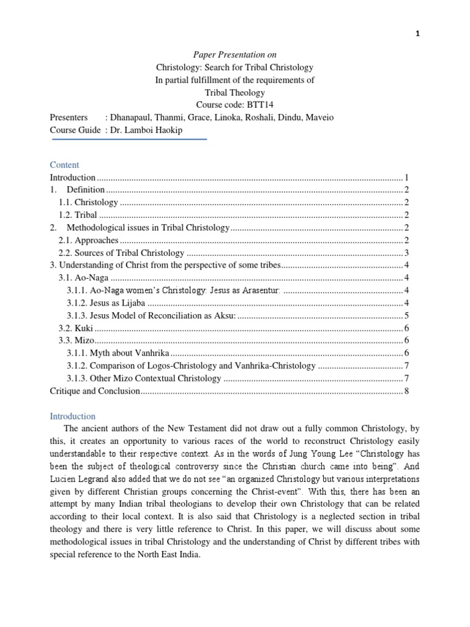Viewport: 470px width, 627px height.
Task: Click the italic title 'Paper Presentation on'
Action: click(235, 54)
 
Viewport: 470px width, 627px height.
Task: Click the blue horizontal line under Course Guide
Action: click(130, 139)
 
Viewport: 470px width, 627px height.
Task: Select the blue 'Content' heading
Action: click(64, 165)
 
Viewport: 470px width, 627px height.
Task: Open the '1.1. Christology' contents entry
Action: click(88, 202)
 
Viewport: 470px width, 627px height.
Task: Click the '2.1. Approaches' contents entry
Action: click(88, 240)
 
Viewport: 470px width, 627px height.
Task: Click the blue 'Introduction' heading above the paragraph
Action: click(72, 416)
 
